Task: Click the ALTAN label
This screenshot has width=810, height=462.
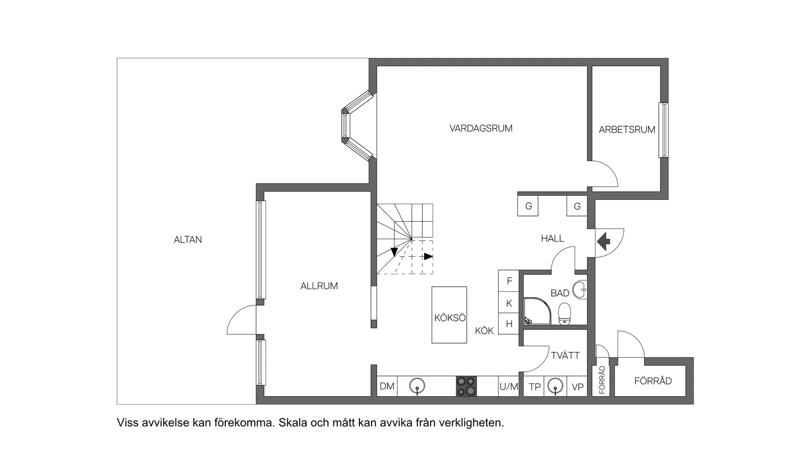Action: tap(188, 240)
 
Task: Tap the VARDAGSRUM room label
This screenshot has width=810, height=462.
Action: tap(481, 129)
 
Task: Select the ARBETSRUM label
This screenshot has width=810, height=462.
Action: tap(627, 130)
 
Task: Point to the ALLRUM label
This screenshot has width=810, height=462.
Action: tap(319, 286)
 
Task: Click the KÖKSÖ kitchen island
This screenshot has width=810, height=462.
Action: tap(449, 315)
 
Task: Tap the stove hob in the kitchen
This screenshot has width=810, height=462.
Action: tap(466, 386)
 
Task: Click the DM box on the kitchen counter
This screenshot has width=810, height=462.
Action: tap(387, 386)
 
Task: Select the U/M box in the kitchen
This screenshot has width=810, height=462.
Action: tap(509, 386)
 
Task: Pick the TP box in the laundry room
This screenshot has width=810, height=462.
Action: tap(534, 387)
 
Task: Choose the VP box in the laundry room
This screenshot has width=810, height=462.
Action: tap(577, 387)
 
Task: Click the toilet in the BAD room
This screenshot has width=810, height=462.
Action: tap(564, 314)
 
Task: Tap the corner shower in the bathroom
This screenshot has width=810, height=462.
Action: tap(538, 311)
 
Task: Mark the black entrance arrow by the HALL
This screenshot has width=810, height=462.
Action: tap(603, 242)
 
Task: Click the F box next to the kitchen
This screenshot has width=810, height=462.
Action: tap(509, 281)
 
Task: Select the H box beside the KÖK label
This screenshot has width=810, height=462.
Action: tap(509, 324)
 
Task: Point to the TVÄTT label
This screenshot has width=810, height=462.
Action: tap(565, 355)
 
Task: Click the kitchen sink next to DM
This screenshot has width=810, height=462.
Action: tap(417, 386)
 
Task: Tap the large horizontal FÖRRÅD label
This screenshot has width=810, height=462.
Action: tap(653, 381)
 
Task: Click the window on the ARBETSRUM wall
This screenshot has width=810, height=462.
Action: tap(664, 130)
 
